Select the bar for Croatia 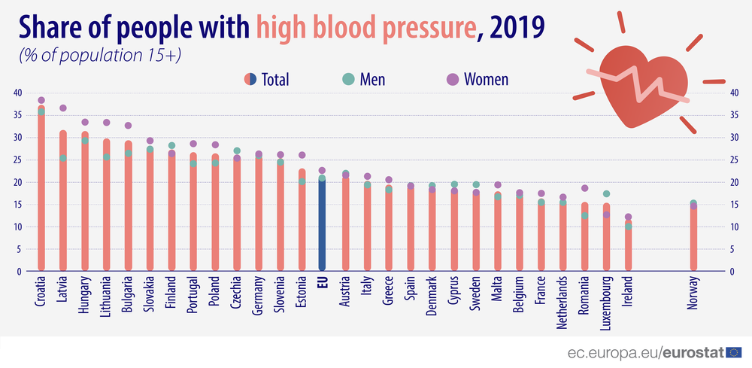point(41,188)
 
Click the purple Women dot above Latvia point(63,108)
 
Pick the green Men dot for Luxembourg point(606,194)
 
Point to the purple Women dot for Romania point(584,189)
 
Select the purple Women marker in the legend point(453,79)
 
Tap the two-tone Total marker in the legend point(250,79)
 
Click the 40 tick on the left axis point(17,93)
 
